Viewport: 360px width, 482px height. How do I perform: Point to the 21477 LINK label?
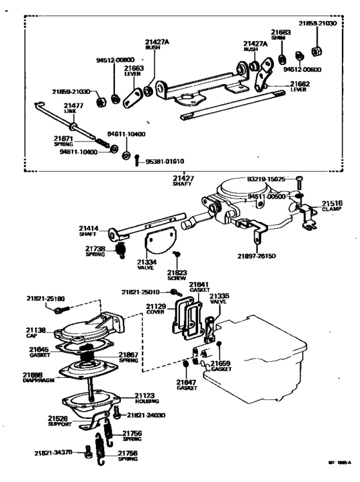coord(73,107)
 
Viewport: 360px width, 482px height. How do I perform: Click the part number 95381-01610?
coord(165,161)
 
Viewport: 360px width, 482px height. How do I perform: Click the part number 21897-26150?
coord(257,256)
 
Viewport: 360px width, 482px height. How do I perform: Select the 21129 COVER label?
coord(156,309)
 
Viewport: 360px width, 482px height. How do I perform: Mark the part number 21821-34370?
coord(54,454)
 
